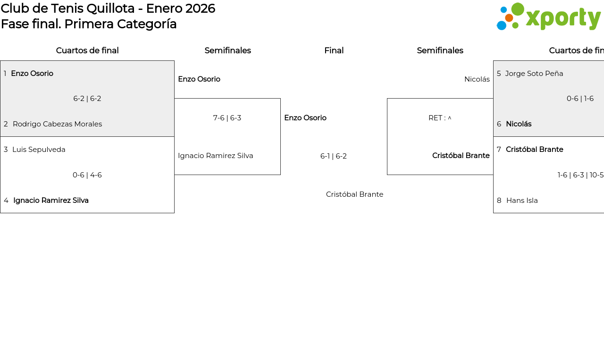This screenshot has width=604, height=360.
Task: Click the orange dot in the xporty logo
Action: (509, 18)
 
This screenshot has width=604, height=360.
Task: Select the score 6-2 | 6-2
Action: (87, 99)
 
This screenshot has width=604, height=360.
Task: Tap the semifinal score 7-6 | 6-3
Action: (227, 118)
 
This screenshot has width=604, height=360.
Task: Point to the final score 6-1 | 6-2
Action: (334, 156)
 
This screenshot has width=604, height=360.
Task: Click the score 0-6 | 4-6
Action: (87, 175)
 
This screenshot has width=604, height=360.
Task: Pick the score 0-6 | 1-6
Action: (580, 99)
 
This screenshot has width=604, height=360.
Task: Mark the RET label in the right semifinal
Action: (435, 118)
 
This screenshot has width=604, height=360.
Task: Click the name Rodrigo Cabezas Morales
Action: (58, 124)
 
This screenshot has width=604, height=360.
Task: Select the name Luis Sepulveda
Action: (39, 150)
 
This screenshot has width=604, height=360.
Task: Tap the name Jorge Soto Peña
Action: (534, 74)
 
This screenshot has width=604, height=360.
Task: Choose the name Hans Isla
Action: (522, 201)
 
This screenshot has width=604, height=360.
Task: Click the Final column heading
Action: (334, 50)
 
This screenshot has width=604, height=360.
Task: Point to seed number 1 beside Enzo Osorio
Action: (5, 74)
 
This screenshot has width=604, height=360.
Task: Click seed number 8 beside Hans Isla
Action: (499, 201)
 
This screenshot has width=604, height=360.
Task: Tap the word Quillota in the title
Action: (110, 8)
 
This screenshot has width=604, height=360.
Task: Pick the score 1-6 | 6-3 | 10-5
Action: (580, 175)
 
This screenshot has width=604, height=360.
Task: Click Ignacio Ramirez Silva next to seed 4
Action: (51, 201)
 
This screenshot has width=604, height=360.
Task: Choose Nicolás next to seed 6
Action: (519, 124)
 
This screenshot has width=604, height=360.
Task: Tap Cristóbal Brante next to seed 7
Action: (535, 150)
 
